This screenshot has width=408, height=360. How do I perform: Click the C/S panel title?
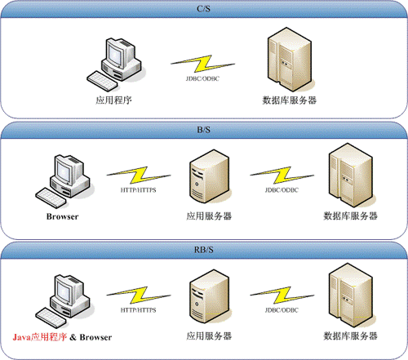[203, 9]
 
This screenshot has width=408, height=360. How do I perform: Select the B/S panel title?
[203, 130]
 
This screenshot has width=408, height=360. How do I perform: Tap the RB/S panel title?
[203, 250]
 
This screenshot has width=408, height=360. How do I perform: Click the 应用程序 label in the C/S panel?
[113, 100]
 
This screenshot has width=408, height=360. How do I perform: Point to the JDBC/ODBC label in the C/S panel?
[202, 78]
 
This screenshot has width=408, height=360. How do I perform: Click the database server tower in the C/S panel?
[290, 60]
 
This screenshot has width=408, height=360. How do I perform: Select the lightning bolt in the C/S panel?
[202, 64]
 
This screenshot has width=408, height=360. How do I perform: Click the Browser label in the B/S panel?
[62, 216]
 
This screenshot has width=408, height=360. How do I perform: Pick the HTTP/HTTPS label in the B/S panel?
[138, 190]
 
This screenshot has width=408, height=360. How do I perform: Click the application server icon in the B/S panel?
[209, 176]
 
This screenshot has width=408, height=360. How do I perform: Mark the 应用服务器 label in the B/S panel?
[209, 216]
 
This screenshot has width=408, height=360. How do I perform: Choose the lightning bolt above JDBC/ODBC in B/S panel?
[282, 176]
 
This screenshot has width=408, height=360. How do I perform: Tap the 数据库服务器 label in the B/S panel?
[350, 216]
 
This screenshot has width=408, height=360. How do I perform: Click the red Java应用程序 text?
[40, 337]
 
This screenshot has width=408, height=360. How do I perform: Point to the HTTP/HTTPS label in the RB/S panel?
[138, 310]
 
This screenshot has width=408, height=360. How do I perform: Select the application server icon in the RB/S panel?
[209, 296]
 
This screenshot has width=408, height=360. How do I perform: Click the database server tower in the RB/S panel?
[351, 296]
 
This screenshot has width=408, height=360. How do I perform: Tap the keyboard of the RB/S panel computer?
[51, 318]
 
